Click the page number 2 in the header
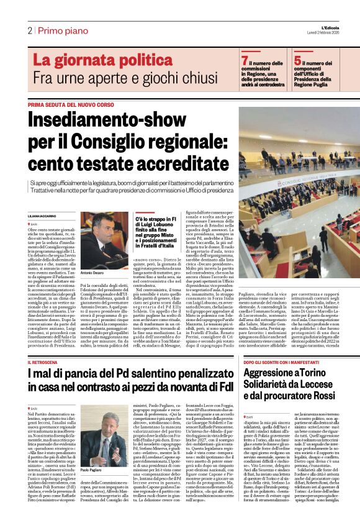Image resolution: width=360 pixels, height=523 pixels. pyautogui.click(x=29, y=30)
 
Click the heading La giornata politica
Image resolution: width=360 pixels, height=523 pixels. pyautogui.click(x=94, y=60)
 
